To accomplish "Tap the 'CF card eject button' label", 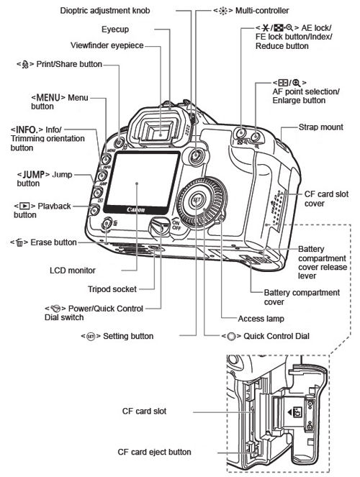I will (154, 452).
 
